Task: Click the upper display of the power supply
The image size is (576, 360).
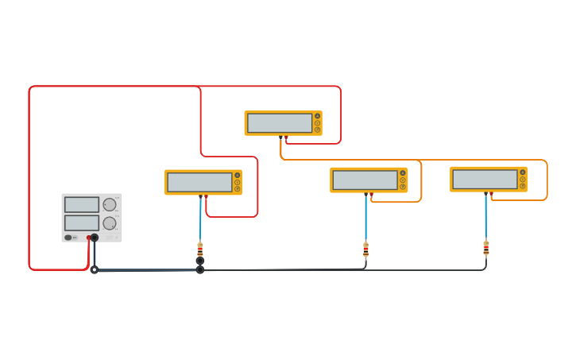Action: tap(82, 204)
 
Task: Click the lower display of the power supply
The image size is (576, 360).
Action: tap(82, 223)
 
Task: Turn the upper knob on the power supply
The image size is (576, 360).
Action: tap(110, 204)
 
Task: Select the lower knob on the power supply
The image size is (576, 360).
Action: tap(110, 223)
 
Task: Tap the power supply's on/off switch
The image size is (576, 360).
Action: tap(69, 237)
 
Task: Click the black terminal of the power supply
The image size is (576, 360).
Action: tap(95, 238)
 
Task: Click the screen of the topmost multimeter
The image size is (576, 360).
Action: tap(280, 123)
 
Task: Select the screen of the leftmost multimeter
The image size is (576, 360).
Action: tap(199, 182)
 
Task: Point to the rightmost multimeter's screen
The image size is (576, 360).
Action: tap(485, 179)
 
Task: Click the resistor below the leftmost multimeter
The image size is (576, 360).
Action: tap(200, 250)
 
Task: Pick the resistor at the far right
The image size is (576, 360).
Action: tap(486, 247)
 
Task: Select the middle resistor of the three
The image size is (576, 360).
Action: tap(365, 250)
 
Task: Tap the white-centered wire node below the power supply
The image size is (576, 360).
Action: tap(94, 269)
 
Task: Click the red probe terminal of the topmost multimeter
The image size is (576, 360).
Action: tap(286, 137)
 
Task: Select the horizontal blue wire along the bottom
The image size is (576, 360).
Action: tap(147, 270)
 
